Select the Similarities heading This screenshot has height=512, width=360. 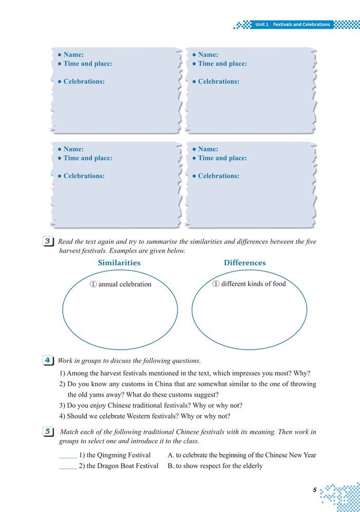click(x=119, y=263)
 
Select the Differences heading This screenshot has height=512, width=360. click(x=245, y=263)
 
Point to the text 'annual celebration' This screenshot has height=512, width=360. click(x=125, y=284)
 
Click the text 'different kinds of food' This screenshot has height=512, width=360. click(x=254, y=284)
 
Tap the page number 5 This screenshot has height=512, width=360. click(x=314, y=490)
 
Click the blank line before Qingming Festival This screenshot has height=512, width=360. click(x=68, y=456)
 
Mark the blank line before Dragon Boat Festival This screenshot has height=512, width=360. click(x=68, y=466)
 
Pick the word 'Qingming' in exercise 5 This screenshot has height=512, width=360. click(x=112, y=455)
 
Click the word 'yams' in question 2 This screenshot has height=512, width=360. click(x=97, y=395)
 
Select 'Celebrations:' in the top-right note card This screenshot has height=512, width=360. click(x=219, y=82)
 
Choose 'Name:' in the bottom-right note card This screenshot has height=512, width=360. click(x=208, y=149)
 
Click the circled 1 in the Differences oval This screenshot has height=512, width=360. click(x=216, y=284)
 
